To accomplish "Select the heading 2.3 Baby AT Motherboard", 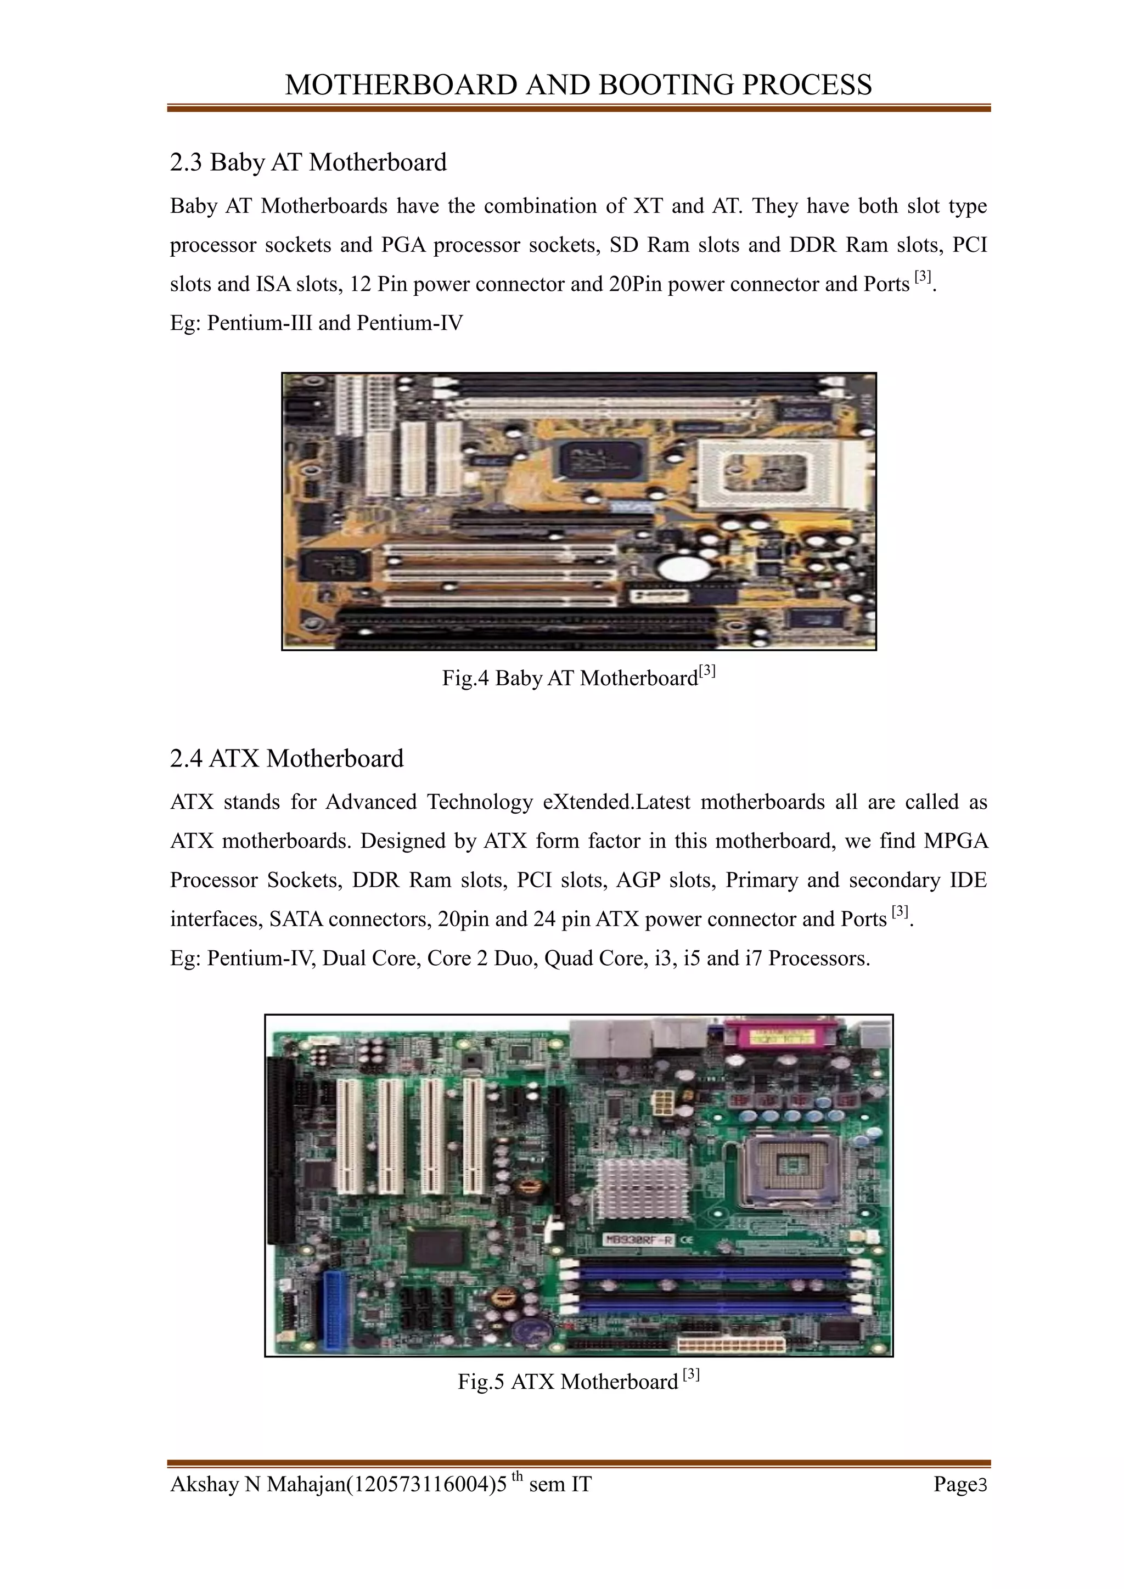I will pyautogui.click(x=308, y=162).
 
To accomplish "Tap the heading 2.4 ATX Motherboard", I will pyautogui.click(x=286, y=758).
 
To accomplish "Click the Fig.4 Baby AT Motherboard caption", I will pyautogui.click(x=578, y=678).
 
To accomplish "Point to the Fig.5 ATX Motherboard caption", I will pyautogui.click(x=578, y=1382).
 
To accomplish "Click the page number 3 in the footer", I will pyautogui.click(x=981, y=1485).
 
